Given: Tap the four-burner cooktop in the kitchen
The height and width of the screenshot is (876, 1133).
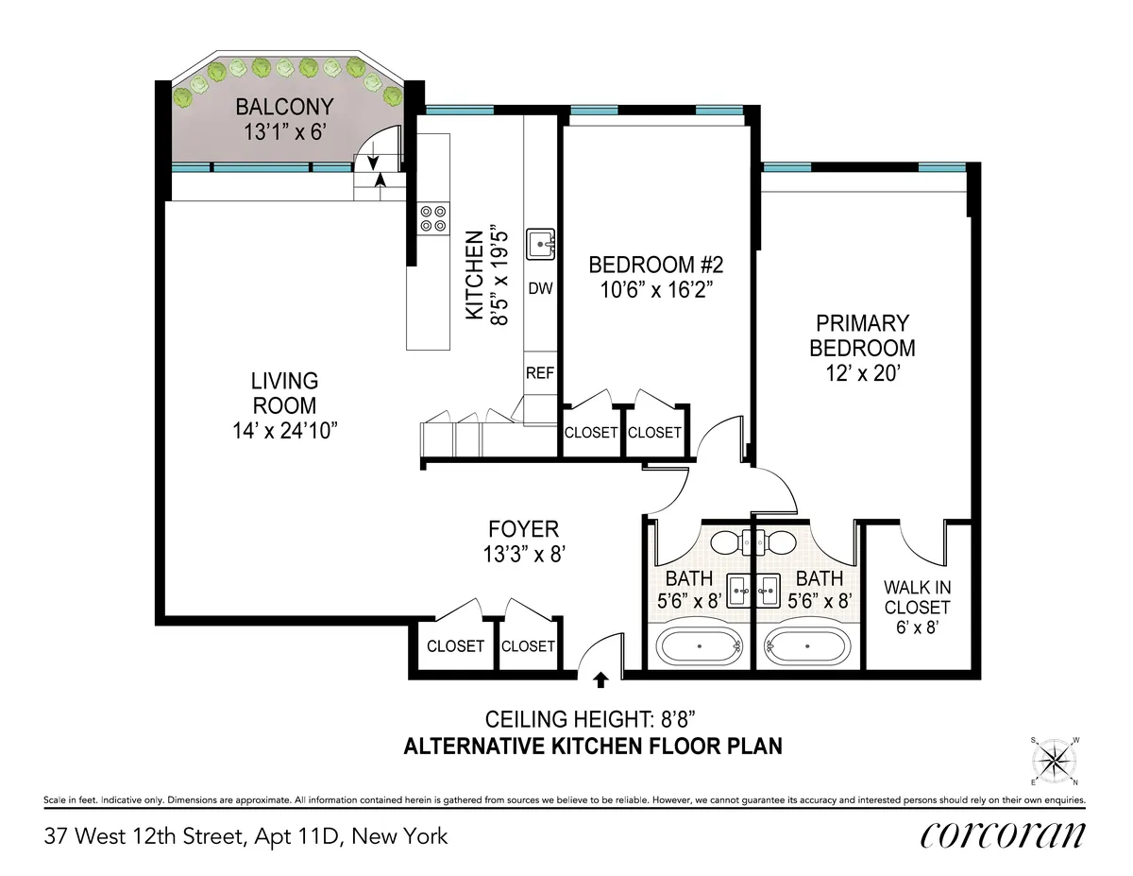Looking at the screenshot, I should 433,218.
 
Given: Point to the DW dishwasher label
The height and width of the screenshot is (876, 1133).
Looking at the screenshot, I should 540,288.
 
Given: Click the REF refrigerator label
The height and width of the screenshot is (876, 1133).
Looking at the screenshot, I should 540,373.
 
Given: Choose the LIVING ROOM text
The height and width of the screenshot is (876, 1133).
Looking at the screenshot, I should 284,393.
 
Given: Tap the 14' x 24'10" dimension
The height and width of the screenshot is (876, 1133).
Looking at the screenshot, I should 284,431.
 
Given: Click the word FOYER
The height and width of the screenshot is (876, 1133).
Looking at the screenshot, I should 523,529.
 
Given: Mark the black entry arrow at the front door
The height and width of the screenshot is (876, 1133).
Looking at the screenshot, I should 600,677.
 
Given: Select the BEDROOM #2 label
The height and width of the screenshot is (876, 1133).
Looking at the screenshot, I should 655,263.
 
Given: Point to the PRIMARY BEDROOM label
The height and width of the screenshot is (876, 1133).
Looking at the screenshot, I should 861,335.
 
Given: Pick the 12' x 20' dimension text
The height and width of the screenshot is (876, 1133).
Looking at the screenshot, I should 861,373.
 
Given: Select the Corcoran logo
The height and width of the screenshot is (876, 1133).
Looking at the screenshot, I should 1002,835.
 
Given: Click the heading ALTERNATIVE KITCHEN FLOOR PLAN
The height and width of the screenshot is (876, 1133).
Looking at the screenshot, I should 593,747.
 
